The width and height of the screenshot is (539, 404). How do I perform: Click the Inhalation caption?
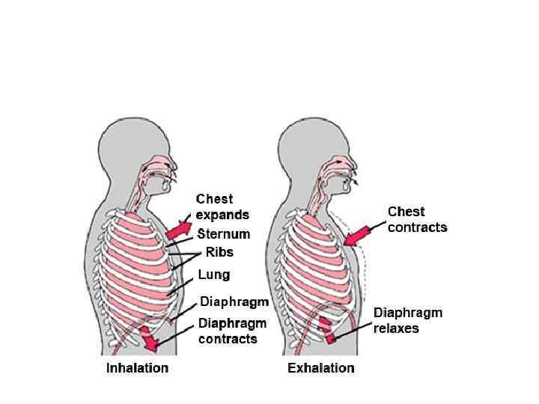(137, 368)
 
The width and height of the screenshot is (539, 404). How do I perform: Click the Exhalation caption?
(321, 368)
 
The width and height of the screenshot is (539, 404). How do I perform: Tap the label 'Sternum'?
(224, 234)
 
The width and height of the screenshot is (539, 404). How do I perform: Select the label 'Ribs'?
(219, 253)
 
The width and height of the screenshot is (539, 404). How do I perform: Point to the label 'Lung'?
(214, 275)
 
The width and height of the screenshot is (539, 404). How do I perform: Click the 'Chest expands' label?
(222, 207)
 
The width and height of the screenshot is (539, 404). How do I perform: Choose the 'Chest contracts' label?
(417, 219)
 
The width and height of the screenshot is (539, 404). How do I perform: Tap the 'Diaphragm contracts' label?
(233, 331)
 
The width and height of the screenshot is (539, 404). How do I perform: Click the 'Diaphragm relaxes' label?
(408, 320)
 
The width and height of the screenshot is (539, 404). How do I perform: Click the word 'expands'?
(222, 215)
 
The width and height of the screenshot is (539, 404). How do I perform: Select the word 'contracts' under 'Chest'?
(417, 227)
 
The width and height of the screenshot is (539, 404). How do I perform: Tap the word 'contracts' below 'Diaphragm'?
(228, 339)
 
